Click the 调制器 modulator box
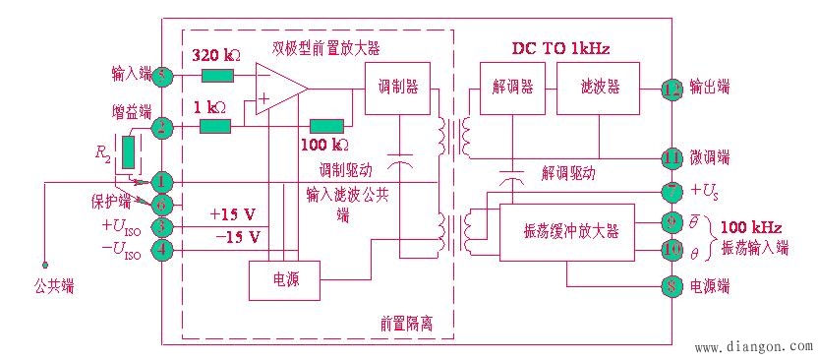tap(397, 87)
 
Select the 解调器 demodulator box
tap(512, 87)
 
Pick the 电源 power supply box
tap(286, 280)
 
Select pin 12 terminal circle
tap(672, 87)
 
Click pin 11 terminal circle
tap(672, 156)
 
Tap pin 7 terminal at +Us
tap(672, 189)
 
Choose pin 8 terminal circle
tap(672, 288)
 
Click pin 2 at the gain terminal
tap(163, 127)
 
